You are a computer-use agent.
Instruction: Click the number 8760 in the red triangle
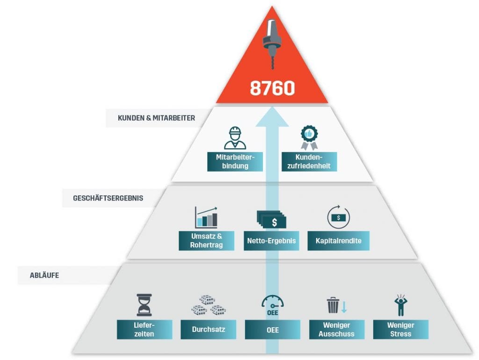[272, 88]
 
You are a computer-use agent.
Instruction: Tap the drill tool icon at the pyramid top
[272, 44]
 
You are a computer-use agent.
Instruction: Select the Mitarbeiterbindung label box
[235, 161]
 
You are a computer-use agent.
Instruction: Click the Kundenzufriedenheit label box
[309, 161]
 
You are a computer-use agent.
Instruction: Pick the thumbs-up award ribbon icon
[309, 137]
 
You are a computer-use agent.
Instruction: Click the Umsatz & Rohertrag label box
[206, 241]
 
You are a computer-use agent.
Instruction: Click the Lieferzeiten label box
[143, 330]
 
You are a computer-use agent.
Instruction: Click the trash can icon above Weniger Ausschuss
[333, 305]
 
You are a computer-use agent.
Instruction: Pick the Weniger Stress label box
[400, 330]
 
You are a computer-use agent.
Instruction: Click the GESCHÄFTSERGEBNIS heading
[108, 198]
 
